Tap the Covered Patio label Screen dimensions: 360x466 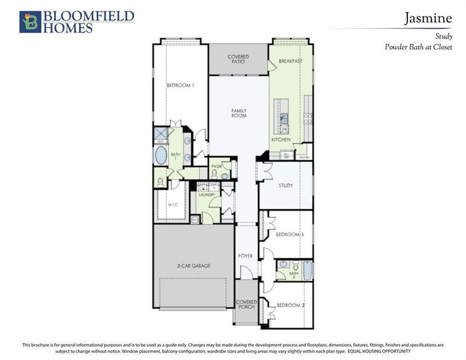click(238, 59)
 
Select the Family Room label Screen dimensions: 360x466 click(239, 113)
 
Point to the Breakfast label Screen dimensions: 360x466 click(291, 61)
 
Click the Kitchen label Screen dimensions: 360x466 click(281, 139)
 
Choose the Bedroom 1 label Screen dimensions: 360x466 click(181, 85)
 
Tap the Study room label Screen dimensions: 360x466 click(285, 185)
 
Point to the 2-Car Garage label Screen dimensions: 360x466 click(193, 266)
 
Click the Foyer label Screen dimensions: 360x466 click(245, 256)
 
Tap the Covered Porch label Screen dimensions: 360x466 click(246, 304)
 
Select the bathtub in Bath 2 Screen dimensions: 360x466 click(307, 270)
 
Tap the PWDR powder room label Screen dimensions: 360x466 click(217, 166)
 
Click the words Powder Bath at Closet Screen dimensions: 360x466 click(418, 46)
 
